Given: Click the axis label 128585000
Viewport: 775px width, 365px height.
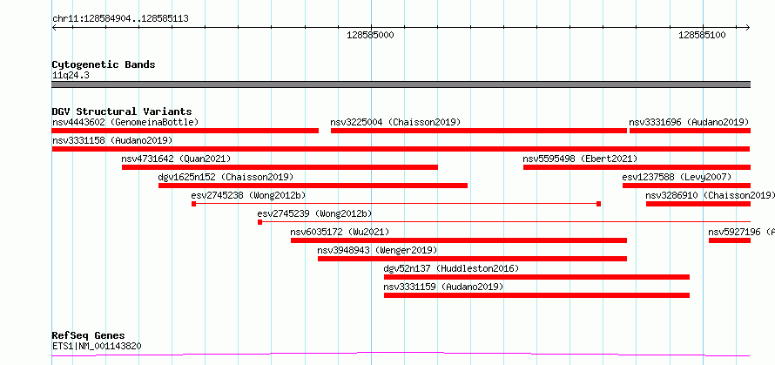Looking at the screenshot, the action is [x=371, y=35].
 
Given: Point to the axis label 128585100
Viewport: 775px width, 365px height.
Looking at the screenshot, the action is [x=703, y=35].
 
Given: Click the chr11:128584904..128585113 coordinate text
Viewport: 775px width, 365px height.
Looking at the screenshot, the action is [x=120, y=19].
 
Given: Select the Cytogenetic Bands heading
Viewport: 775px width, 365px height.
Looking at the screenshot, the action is [x=104, y=64].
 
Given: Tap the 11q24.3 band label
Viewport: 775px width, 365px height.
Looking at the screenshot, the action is [x=71, y=75].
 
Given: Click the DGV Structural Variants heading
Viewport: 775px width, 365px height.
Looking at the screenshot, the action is [x=122, y=112].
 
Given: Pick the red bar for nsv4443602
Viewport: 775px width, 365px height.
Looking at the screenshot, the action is [x=185, y=131].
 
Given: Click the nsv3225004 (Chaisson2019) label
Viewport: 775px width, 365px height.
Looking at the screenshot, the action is [x=395, y=122].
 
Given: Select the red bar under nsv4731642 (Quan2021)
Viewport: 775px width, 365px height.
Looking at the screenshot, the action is [x=280, y=167].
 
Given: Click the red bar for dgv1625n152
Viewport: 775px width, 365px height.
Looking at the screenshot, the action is [x=313, y=186].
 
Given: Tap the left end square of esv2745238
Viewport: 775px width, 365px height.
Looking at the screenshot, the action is [x=193, y=204].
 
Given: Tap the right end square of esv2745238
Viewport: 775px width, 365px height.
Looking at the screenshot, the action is [x=598, y=204].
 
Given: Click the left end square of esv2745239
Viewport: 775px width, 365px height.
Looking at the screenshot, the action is [x=260, y=222].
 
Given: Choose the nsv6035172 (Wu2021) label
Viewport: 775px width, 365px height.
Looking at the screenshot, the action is [x=340, y=232].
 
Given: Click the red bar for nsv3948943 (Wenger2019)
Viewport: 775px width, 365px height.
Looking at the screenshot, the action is [x=473, y=259].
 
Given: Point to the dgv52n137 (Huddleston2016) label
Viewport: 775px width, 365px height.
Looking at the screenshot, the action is [x=451, y=268].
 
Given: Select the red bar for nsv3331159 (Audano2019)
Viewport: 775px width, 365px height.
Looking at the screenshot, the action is [x=536, y=295].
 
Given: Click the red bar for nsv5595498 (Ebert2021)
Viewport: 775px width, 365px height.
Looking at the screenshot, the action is [x=637, y=167].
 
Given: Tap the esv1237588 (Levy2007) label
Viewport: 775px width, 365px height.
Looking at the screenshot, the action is [x=677, y=177].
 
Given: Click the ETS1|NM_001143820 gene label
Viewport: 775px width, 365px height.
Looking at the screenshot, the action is [x=97, y=346].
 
